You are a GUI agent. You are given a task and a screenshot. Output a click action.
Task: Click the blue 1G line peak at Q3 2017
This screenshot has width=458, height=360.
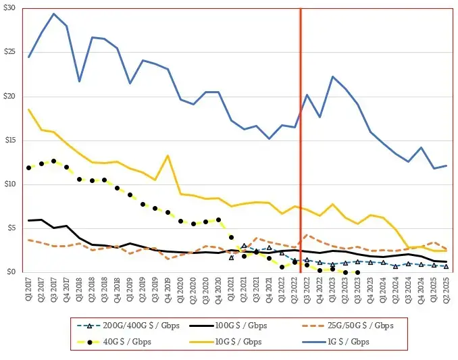[54, 14]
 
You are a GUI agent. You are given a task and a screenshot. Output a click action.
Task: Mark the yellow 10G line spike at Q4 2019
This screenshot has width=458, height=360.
[168, 156]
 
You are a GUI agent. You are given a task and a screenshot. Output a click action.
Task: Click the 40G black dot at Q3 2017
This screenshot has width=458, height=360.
[54, 161]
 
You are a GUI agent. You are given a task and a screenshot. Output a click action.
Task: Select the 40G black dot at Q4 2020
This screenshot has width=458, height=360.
[218, 220]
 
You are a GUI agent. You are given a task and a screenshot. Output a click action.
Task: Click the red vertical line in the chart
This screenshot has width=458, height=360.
[300, 135]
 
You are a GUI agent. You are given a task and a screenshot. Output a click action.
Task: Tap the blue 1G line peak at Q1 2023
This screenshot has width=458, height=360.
[332, 77]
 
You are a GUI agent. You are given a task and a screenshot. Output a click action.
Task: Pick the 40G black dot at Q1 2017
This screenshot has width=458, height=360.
[28, 168]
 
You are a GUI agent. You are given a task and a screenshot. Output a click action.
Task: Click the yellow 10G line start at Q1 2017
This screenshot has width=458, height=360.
[28, 109]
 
